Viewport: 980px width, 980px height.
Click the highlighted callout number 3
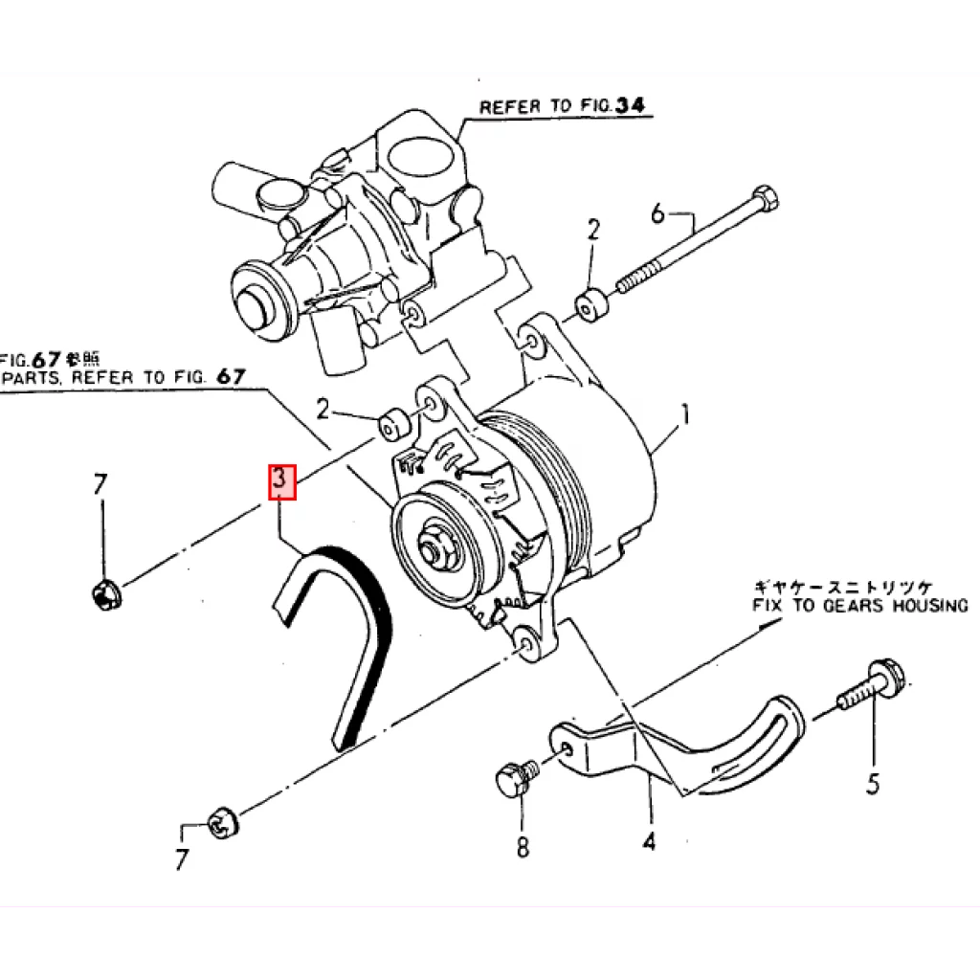click(280, 481)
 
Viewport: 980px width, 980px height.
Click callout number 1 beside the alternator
click(684, 415)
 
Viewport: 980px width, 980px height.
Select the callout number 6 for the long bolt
click(657, 213)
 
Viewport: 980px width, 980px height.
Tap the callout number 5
click(872, 784)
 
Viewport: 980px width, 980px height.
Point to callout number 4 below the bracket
click(650, 842)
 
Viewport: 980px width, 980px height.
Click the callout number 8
click(523, 847)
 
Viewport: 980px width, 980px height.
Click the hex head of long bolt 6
click(766, 200)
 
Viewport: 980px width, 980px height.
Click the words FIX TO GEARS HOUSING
click(859, 606)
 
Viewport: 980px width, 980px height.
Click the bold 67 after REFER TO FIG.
click(231, 376)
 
